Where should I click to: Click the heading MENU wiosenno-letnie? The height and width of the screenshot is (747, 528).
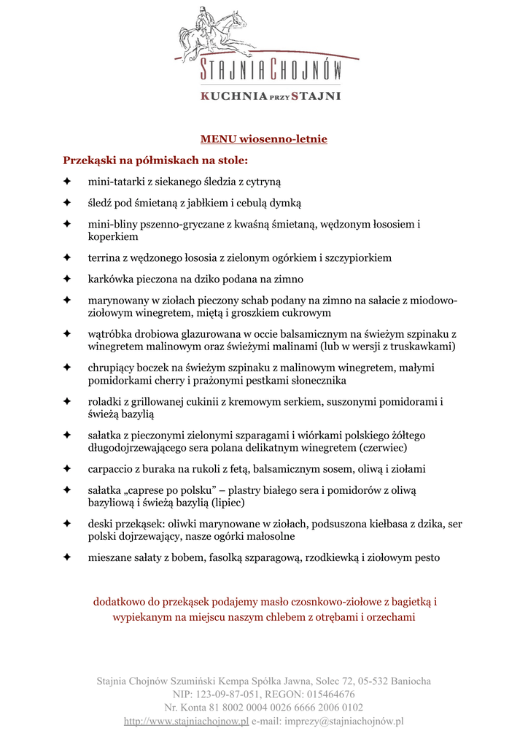click(x=264, y=139)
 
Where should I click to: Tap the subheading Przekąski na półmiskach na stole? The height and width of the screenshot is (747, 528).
click(x=155, y=159)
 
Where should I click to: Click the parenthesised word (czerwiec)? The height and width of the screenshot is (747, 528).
click(x=384, y=447)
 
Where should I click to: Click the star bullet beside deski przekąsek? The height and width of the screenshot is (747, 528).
click(x=66, y=524)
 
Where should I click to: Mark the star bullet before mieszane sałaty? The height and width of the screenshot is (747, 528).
click(x=66, y=558)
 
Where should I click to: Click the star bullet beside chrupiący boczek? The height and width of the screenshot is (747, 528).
click(x=66, y=368)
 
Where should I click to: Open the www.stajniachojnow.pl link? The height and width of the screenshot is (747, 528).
click(x=186, y=721)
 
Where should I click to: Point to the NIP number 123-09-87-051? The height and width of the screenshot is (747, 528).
click(x=226, y=694)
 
